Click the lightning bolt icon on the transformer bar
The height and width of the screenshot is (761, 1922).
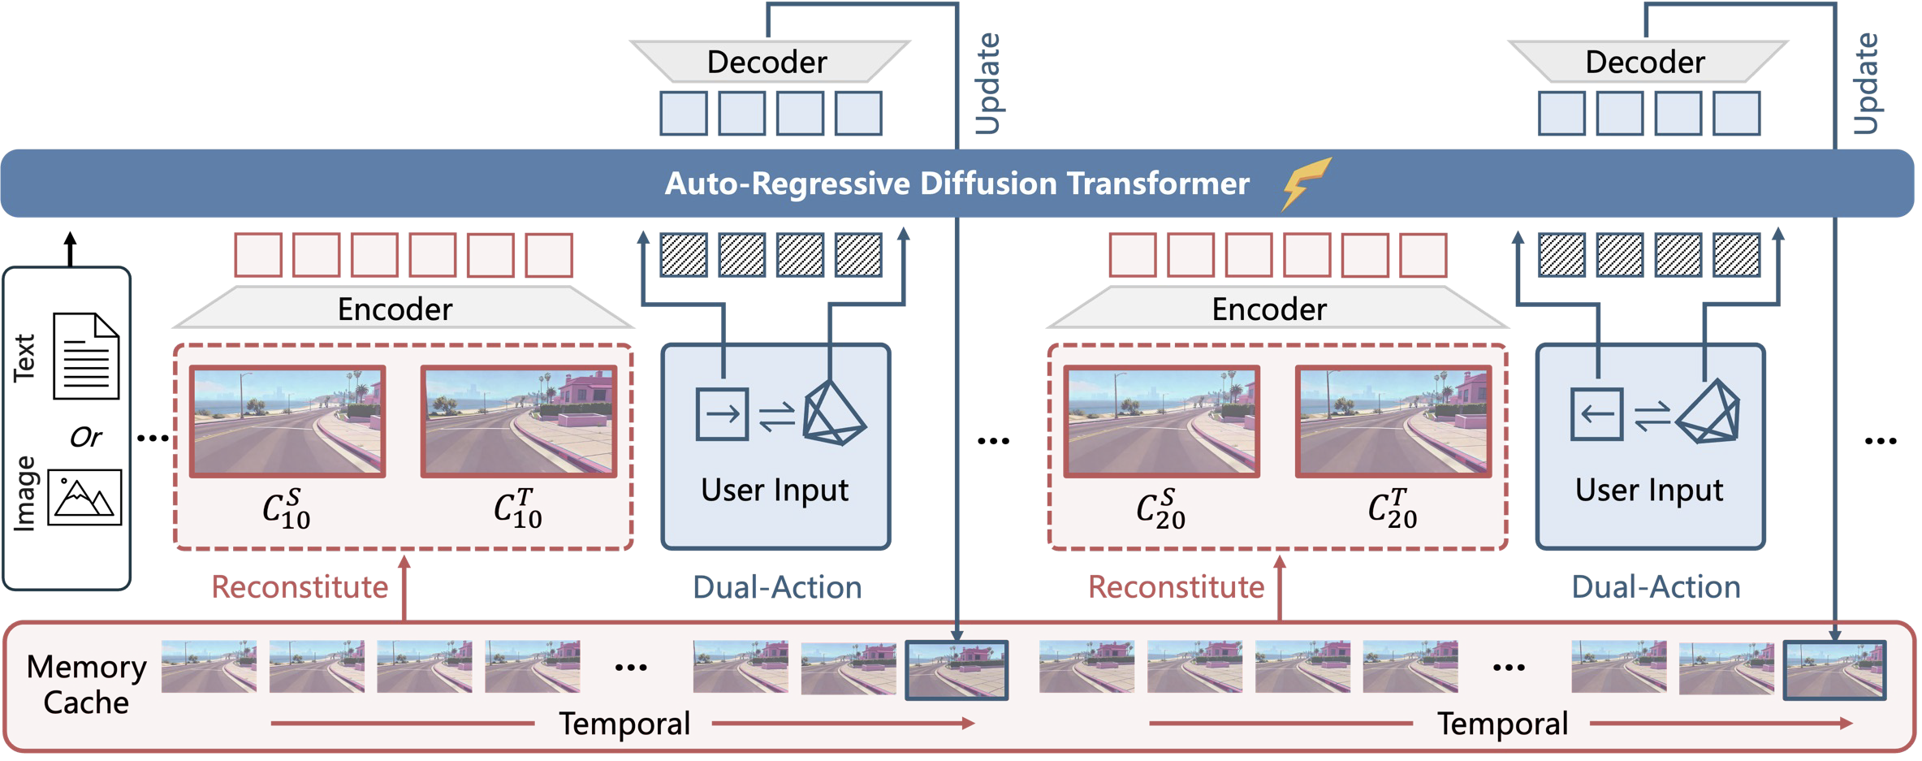tap(1306, 183)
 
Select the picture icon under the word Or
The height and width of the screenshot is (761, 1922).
tap(84, 497)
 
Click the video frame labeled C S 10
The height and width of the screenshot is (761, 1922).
tap(287, 421)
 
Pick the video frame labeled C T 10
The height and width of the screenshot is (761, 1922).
tap(519, 421)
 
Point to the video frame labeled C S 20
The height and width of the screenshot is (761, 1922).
tap(1162, 421)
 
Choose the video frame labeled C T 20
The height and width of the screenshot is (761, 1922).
tap(1393, 421)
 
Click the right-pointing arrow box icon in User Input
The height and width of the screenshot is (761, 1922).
tap(722, 414)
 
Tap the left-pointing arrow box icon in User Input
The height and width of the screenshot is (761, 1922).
tap(1596, 414)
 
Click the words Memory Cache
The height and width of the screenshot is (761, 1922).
tap(86, 684)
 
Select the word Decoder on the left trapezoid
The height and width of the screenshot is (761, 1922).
tap(767, 63)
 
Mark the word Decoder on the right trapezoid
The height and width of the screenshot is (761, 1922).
tap(1645, 63)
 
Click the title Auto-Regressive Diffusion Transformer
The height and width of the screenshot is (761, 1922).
tap(957, 184)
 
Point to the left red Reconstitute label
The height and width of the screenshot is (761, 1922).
tap(300, 587)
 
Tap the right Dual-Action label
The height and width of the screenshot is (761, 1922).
tap(1656, 587)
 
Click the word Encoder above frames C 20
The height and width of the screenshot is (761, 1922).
tap(1269, 309)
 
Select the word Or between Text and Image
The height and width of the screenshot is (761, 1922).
tap(85, 438)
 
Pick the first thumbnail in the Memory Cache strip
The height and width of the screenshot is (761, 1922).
tap(209, 666)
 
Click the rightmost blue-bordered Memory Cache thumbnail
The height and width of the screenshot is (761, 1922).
tap(1834, 670)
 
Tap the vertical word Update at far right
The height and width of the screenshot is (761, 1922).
tap(1866, 83)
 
